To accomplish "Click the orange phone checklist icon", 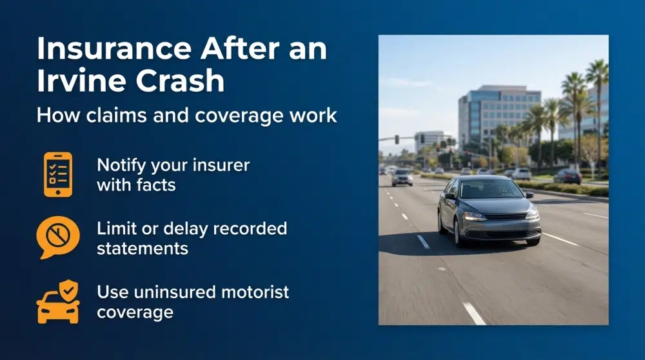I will (x=58, y=174).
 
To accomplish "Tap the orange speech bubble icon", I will (x=58, y=237).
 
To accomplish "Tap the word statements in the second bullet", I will (x=143, y=248).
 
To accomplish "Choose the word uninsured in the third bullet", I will (x=172, y=292).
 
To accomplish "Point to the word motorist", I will (x=252, y=292).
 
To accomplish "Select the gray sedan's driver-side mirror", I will (x=450, y=196).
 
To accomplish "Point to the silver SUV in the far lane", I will (x=402, y=177).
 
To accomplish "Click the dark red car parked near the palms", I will (x=568, y=176).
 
